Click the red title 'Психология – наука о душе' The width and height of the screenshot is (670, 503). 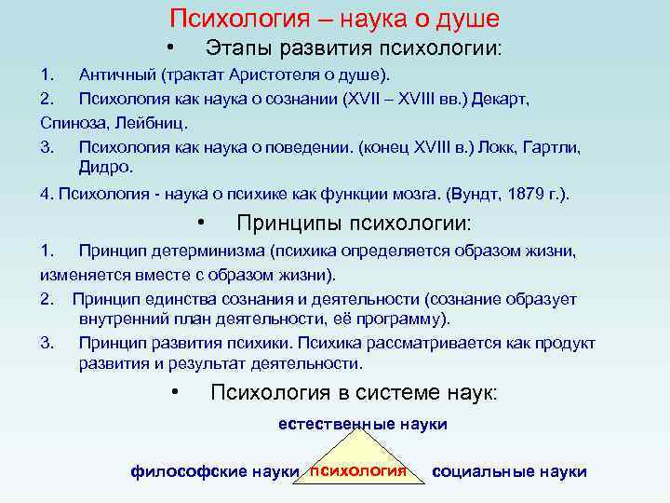click(334, 18)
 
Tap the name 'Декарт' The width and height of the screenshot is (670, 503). click(503, 98)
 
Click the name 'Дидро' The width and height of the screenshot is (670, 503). click(106, 168)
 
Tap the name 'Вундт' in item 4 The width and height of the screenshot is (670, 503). click(474, 195)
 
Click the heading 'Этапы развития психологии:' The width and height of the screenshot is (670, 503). click(353, 47)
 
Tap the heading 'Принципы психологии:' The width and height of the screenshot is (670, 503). click(354, 224)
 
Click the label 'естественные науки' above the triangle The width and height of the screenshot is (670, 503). click(363, 424)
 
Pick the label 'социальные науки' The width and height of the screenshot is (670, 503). click(509, 471)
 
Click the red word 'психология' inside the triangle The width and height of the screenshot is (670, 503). click(358, 469)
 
